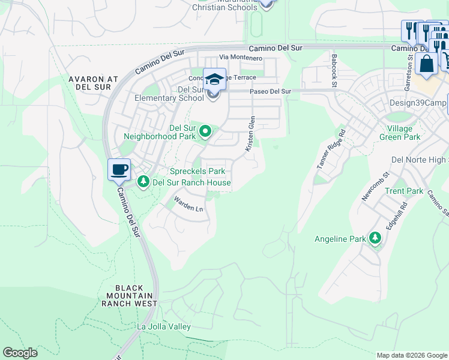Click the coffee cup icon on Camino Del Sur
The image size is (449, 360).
119,169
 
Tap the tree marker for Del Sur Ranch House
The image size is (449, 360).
143,181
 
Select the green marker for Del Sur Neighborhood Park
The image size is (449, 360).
205,130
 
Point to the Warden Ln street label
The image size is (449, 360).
188,204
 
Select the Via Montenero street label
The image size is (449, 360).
241,58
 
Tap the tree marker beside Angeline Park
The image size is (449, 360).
375,238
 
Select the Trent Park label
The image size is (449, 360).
404,191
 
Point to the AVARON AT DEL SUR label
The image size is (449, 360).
95,83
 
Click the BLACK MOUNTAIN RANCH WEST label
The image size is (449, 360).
129,295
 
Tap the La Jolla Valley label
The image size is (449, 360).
164,326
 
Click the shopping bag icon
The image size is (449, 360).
426,64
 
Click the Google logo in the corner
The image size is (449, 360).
20,353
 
